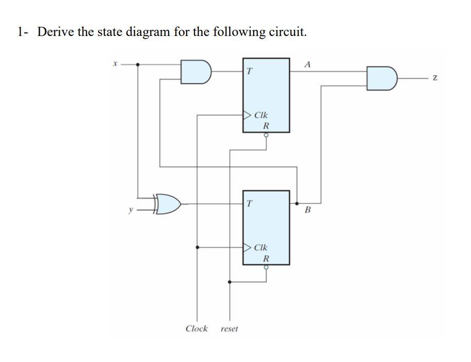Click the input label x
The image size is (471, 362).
116,65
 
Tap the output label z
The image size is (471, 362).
436,78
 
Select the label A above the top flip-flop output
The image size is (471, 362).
307,65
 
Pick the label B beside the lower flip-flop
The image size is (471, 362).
308,210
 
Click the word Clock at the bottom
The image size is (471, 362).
196,329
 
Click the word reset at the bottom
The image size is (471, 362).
229,329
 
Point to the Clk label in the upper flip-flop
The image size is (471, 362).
261,116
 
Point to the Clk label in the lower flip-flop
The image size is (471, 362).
261,247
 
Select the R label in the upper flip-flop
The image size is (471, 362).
266,125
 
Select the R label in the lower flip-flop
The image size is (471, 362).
266,258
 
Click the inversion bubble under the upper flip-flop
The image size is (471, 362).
266,135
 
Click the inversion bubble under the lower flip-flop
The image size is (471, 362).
266,267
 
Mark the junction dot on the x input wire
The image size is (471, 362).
137,65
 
